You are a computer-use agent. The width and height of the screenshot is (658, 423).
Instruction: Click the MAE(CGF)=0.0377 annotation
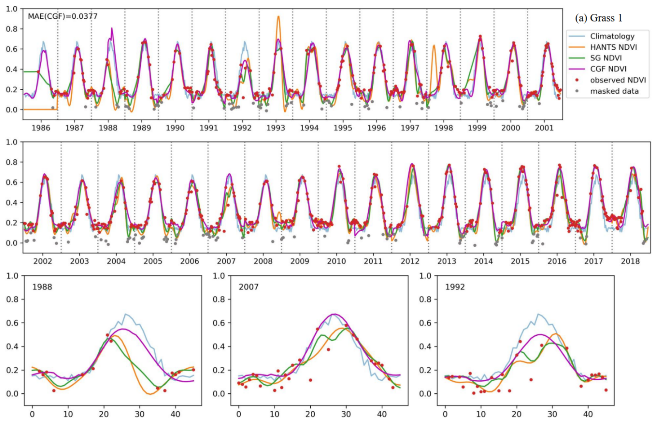[63, 17]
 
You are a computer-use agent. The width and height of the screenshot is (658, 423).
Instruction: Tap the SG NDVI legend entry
[605, 58]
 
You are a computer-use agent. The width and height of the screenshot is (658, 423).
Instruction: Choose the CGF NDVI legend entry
[608, 69]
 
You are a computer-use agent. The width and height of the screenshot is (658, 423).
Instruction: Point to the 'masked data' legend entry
[614, 91]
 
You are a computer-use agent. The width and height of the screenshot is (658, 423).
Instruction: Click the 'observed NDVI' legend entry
[618, 80]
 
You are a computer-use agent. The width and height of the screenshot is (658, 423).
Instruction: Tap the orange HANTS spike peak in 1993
[278, 17]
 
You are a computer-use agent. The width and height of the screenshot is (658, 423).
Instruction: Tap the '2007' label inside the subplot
[249, 287]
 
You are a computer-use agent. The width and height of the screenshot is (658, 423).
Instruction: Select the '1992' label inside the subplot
[455, 287]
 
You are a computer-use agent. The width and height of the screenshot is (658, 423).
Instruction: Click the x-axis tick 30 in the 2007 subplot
[346, 414]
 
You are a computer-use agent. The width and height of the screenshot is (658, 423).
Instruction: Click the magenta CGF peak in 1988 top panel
[112, 28]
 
